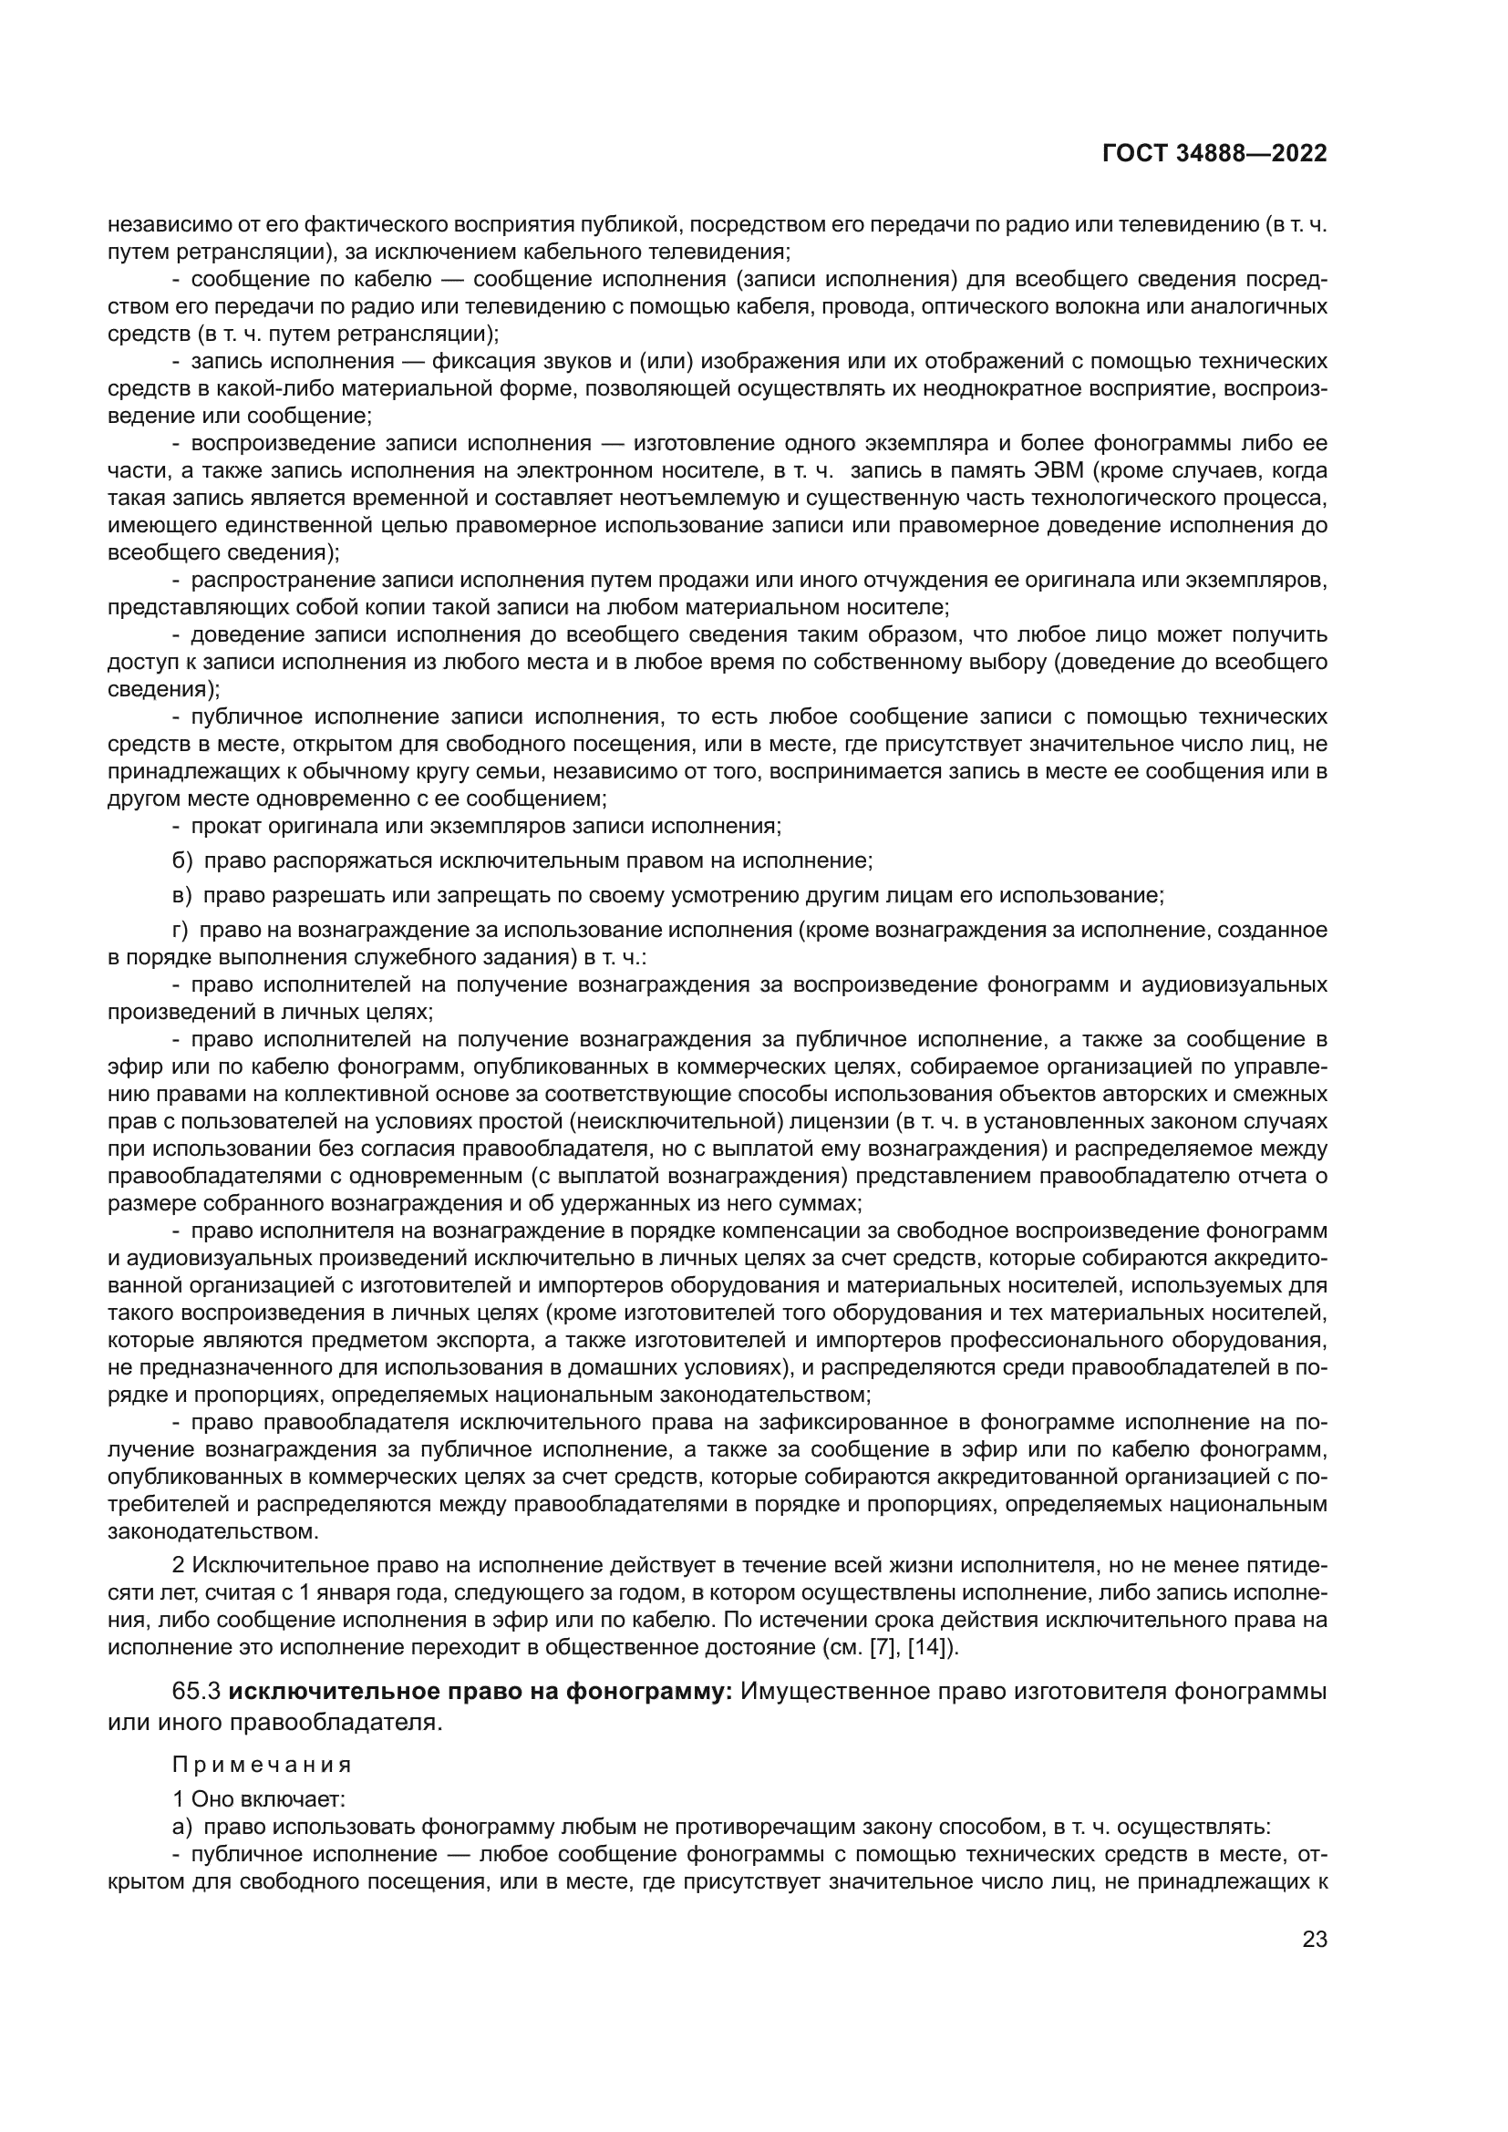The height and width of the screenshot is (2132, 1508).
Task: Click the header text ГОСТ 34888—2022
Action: click(1214, 153)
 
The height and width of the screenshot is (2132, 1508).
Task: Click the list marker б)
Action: click(182, 860)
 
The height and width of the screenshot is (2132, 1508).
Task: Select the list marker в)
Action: click(182, 895)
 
